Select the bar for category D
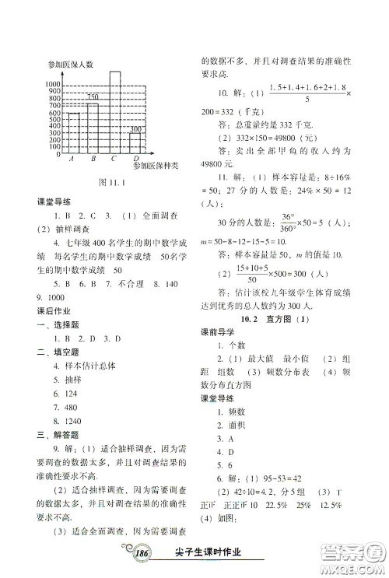click(x=135, y=143)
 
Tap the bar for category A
click(x=73, y=133)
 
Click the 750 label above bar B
click(x=93, y=96)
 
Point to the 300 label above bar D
click(x=135, y=128)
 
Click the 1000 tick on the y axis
click(x=53, y=83)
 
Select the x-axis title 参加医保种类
click(x=156, y=166)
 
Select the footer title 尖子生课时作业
click(x=211, y=553)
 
